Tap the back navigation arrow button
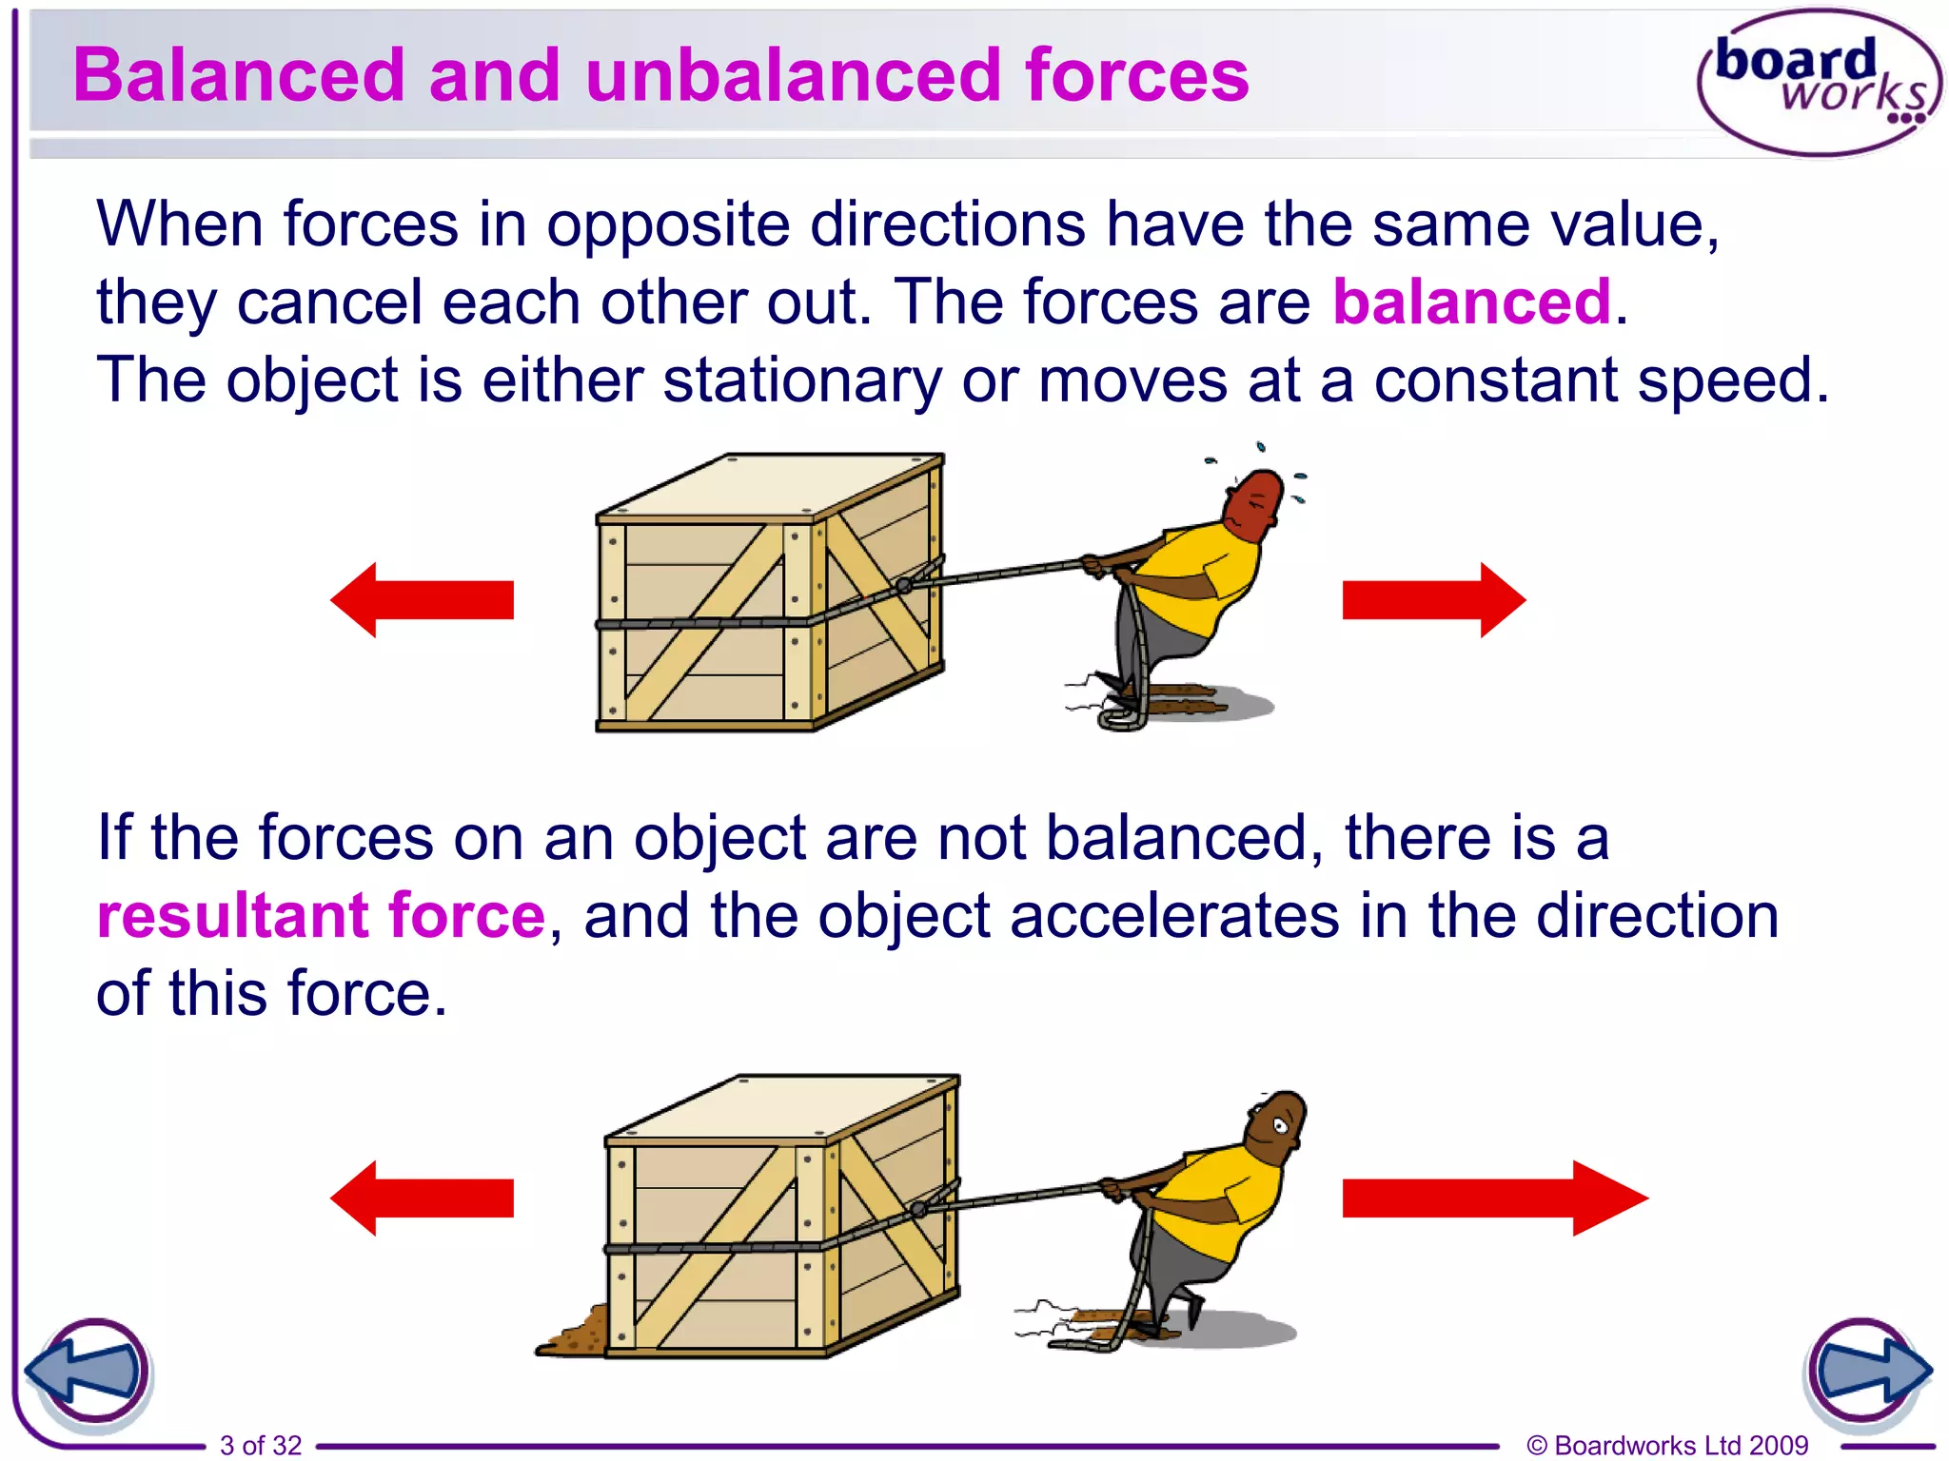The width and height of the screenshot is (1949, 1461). point(89,1371)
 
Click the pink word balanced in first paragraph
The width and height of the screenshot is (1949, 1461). point(1471,302)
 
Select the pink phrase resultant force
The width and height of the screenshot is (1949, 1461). point(321,916)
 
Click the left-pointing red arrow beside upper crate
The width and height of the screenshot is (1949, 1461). point(423,600)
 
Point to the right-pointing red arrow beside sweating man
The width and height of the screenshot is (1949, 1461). point(1433,600)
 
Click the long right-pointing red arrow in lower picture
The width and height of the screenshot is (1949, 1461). point(1494,1198)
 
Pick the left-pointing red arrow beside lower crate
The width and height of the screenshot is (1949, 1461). point(423,1198)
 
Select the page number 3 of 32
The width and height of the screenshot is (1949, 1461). point(261,1445)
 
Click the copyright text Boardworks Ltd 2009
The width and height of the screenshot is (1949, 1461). point(1667,1445)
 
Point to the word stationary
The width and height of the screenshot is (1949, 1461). point(801,380)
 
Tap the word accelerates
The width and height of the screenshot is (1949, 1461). point(1174,916)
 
